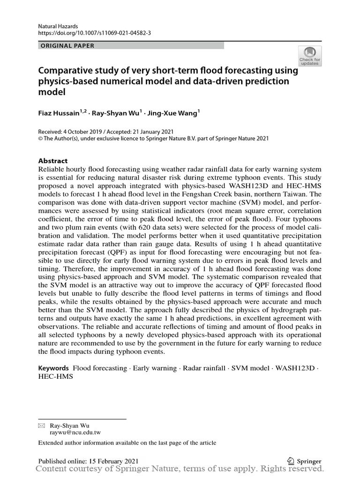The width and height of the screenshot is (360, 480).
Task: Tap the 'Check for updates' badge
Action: pos(310,56)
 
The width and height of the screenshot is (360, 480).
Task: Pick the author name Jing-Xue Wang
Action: pos(171,113)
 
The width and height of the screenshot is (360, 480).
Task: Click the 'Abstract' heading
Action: pos(52,160)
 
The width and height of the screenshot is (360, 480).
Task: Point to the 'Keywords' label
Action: pos(53,368)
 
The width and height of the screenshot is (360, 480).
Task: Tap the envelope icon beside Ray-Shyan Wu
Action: pos(41,426)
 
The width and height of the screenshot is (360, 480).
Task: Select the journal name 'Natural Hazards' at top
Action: pos(58,26)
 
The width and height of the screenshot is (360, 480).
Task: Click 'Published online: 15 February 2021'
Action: pos(88,461)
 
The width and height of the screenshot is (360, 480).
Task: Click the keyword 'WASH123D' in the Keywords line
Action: pos(296,368)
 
